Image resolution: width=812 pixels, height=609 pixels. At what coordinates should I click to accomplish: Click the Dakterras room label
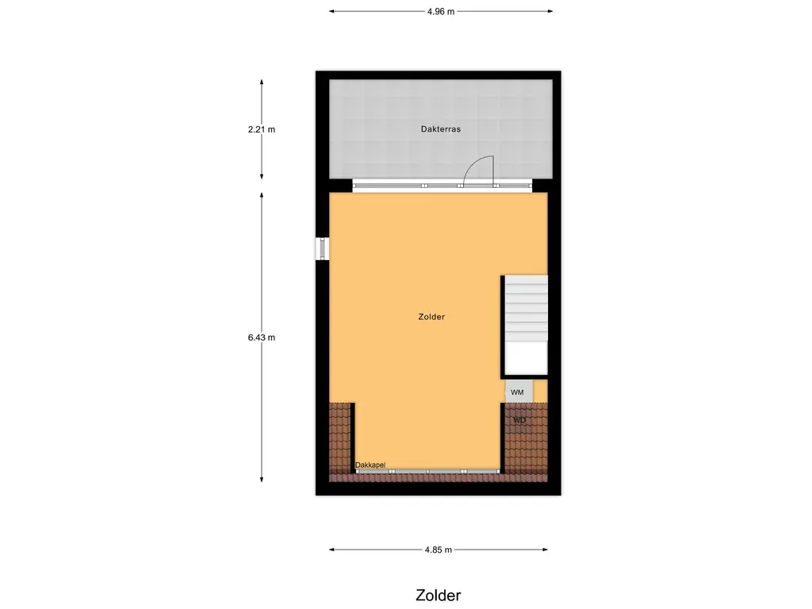(x=441, y=128)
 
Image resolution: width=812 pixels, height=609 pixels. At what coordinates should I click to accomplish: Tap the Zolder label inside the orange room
(x=431, y=317)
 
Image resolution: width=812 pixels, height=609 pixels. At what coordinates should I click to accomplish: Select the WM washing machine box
(x=517, y=392)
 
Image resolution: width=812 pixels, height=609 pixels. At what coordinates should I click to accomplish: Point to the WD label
(x=519, y=420)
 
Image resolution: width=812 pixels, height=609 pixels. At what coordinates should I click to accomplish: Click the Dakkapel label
(x=370, y=465)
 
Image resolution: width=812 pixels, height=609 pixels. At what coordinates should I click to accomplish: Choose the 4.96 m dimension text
(x=440, y=11)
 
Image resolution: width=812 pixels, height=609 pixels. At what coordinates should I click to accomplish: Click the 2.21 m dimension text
(x=262, y=129)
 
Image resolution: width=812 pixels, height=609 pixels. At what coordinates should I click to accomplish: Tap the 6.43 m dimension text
(x=262, y=337)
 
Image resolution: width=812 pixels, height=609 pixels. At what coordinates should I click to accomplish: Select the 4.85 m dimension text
(x=438, y=550)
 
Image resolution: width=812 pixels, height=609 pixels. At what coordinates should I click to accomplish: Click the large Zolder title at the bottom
(x=438, y=595)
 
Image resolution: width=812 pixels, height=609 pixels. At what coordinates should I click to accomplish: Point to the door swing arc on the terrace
(x=478, y=167)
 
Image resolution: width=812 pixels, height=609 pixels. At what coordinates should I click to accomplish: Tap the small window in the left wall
(x=323, y=248)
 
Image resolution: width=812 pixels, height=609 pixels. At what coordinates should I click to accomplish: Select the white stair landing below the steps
(x=527, y=358)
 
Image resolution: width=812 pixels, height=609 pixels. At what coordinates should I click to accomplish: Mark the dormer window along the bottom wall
(x=427, y=472)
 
